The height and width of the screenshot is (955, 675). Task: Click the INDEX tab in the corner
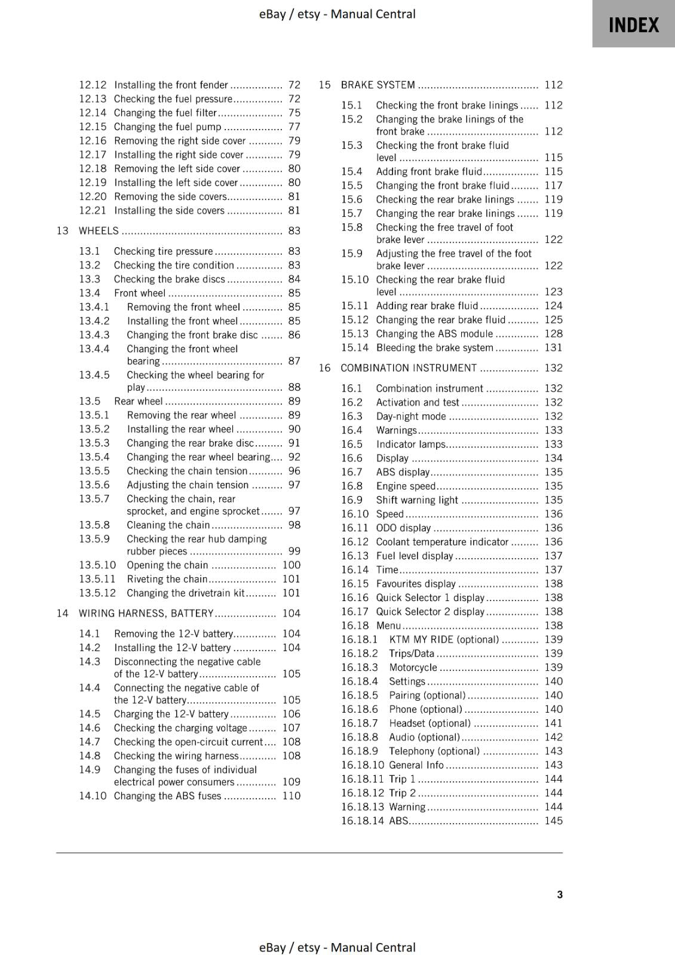point(633,25)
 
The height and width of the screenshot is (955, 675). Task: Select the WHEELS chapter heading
point(99,231)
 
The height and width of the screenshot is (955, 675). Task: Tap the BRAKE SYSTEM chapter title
point(378,85)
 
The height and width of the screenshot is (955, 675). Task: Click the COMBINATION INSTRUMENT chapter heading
point(409,368)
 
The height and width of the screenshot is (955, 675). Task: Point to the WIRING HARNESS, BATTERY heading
point(146,614)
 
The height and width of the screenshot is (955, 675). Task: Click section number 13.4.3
point(94,335)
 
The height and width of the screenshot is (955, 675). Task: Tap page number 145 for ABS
point(553,821)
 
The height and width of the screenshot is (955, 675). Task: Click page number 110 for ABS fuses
point(291,796)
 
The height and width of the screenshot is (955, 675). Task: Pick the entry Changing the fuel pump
point(167,127)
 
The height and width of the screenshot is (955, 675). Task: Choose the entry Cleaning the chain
point(168,525)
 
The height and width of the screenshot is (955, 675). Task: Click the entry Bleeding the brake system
point(434,348)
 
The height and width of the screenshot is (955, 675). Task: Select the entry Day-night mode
point(410,417)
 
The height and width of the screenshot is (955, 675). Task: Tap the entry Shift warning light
point(417,500)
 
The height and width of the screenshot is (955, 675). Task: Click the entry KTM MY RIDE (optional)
point(443,640)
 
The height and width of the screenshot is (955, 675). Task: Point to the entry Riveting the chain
point(167,579)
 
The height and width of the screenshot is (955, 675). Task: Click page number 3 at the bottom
point(560,894)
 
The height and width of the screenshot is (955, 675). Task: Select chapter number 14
point(62,614)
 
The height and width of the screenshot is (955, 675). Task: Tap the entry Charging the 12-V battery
point(171,714)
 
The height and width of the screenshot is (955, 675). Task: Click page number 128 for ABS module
point(553,334)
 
